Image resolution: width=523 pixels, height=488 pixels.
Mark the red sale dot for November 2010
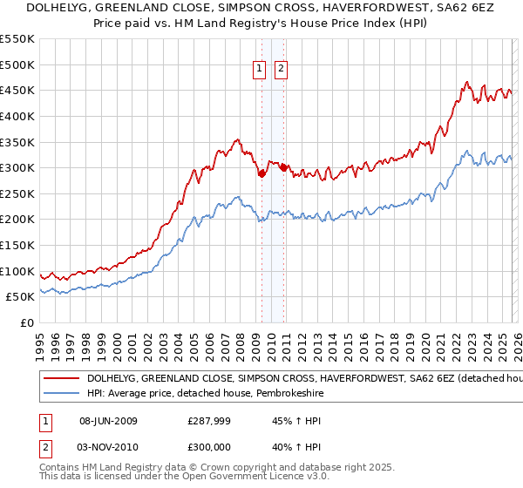pyautogui.click(x=283, y=167)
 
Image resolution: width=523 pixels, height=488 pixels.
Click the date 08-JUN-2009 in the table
pyautogui.click(x=108, y=421)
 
